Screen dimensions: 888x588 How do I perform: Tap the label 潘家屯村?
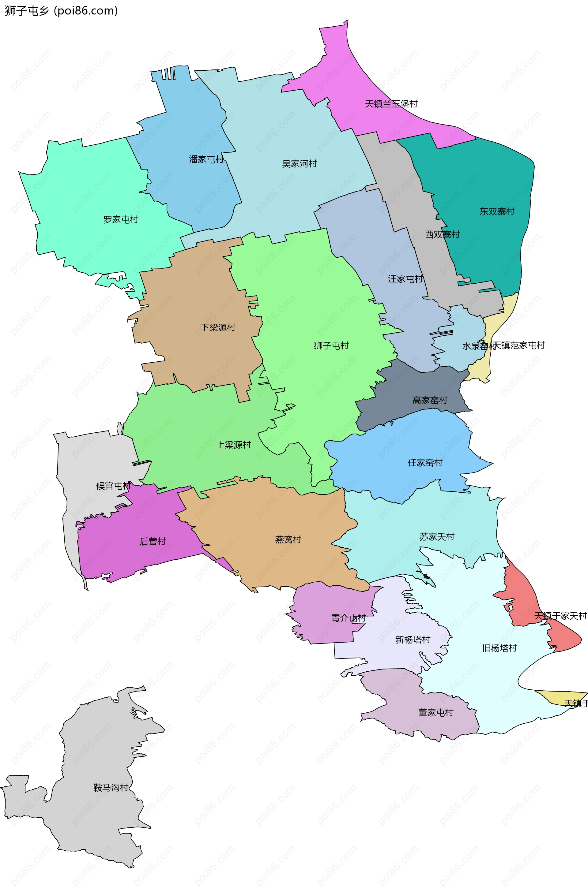coord(206,159)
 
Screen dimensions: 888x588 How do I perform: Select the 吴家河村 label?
coord(299,164)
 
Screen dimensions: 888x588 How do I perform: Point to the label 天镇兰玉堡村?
coord(391,104)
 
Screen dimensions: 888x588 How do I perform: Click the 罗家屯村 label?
coord(121,220)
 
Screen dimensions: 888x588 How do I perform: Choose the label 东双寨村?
coord(497,212)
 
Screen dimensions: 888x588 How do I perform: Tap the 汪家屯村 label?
coord(405,279)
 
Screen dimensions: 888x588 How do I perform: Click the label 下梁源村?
coord(218,327)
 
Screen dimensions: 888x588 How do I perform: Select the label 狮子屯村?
coord(331,345)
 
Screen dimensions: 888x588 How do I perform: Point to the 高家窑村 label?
coord(430,400)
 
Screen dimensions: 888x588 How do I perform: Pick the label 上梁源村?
coord(233,445)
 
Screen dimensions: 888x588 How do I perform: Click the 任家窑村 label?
coord(425,463)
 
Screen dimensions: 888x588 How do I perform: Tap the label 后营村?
coord(153,541)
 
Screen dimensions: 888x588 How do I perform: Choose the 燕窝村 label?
coord(288,539)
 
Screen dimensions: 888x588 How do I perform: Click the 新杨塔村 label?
coord(413,640)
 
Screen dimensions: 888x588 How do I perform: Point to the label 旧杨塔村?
coord(499,648)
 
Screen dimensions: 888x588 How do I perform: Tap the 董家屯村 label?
coord(436,713)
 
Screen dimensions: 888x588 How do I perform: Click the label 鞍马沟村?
coord(111,787)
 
